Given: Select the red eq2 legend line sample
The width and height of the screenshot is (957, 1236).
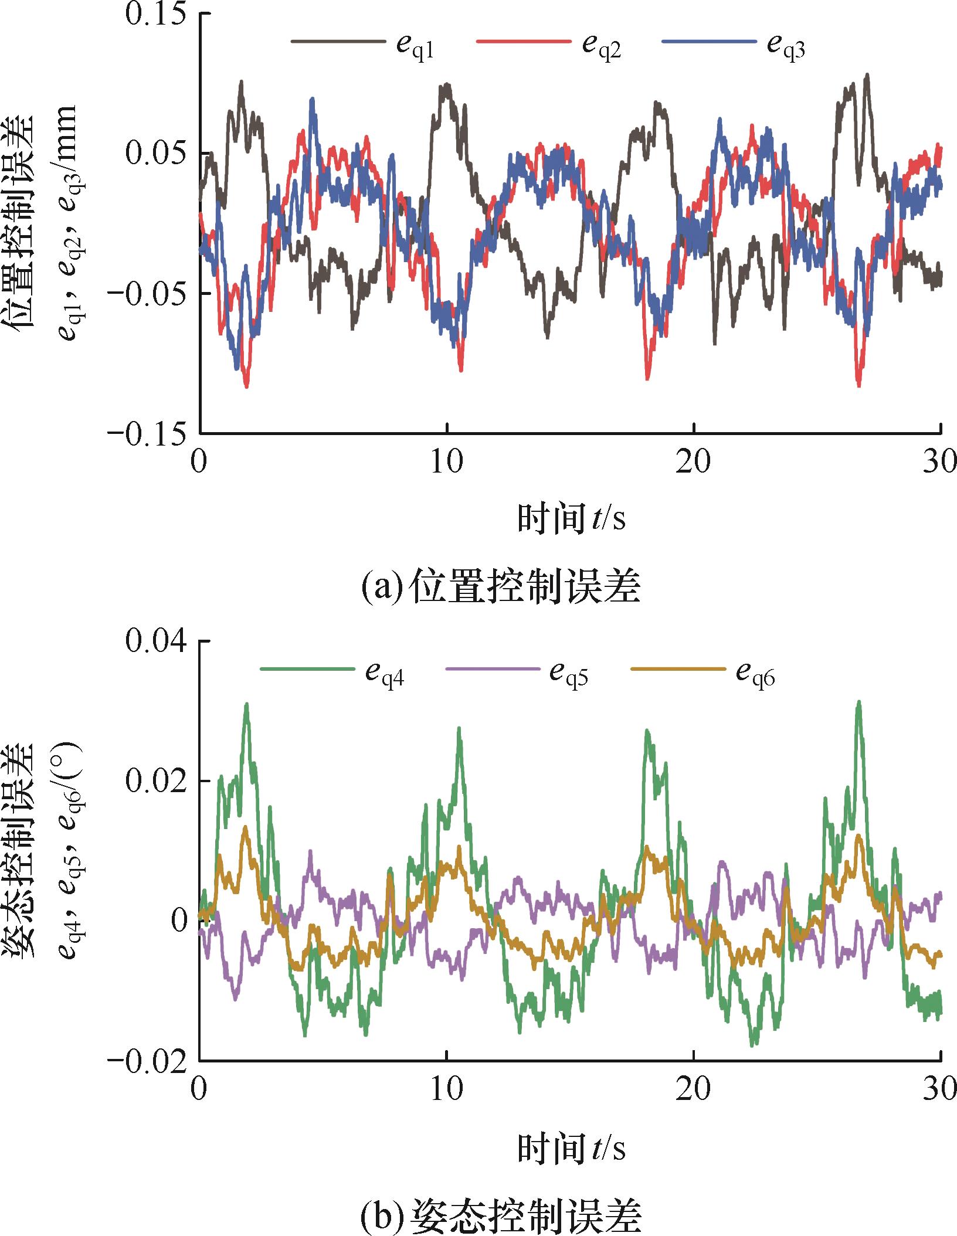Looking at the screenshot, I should pyautogui.click(x=523, y=42).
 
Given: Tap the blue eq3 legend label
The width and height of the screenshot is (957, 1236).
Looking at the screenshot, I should pyautogui.click(x=786, y=47).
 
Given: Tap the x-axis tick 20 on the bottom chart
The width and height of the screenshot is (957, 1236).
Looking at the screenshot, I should pyautogui.click(x=694, y=1090).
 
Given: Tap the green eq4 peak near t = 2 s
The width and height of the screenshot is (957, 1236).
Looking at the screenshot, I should pyautogui.click(x=247, y=705).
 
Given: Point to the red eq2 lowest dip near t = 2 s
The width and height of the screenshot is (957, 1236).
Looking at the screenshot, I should pyautogui.click(x=246, y=386).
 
